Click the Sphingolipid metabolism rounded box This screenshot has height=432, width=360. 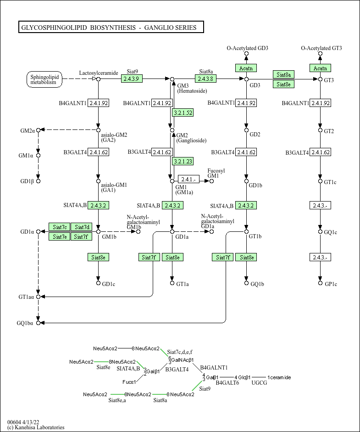(x=44, y=79)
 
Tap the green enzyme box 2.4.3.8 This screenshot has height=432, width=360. (x=205, y=79)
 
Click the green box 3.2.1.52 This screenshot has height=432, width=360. (x=183, y=112)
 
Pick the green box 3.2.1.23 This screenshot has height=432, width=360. (x=183, y=161)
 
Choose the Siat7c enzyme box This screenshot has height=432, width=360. (x=60, y=227)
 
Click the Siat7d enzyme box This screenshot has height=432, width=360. (x=81, y=227)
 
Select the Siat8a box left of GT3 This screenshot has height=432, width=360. (x=283, y=74)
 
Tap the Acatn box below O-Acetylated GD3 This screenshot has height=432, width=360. (x=246, y=68)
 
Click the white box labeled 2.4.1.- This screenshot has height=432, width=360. (x=189, y=180)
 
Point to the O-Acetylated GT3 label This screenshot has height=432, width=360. (x=321, y=48)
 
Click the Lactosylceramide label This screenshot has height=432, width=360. (x=99, y=73)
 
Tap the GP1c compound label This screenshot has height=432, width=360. (x=331, y=284)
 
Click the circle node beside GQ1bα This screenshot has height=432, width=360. (x=39, y=323)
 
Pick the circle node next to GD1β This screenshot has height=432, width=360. (x=39, y=181)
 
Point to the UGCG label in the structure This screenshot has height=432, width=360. (x=259, y=382)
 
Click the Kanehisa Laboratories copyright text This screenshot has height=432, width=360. (x=36, y=427)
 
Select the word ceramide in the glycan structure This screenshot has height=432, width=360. (x=281, y=377)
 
